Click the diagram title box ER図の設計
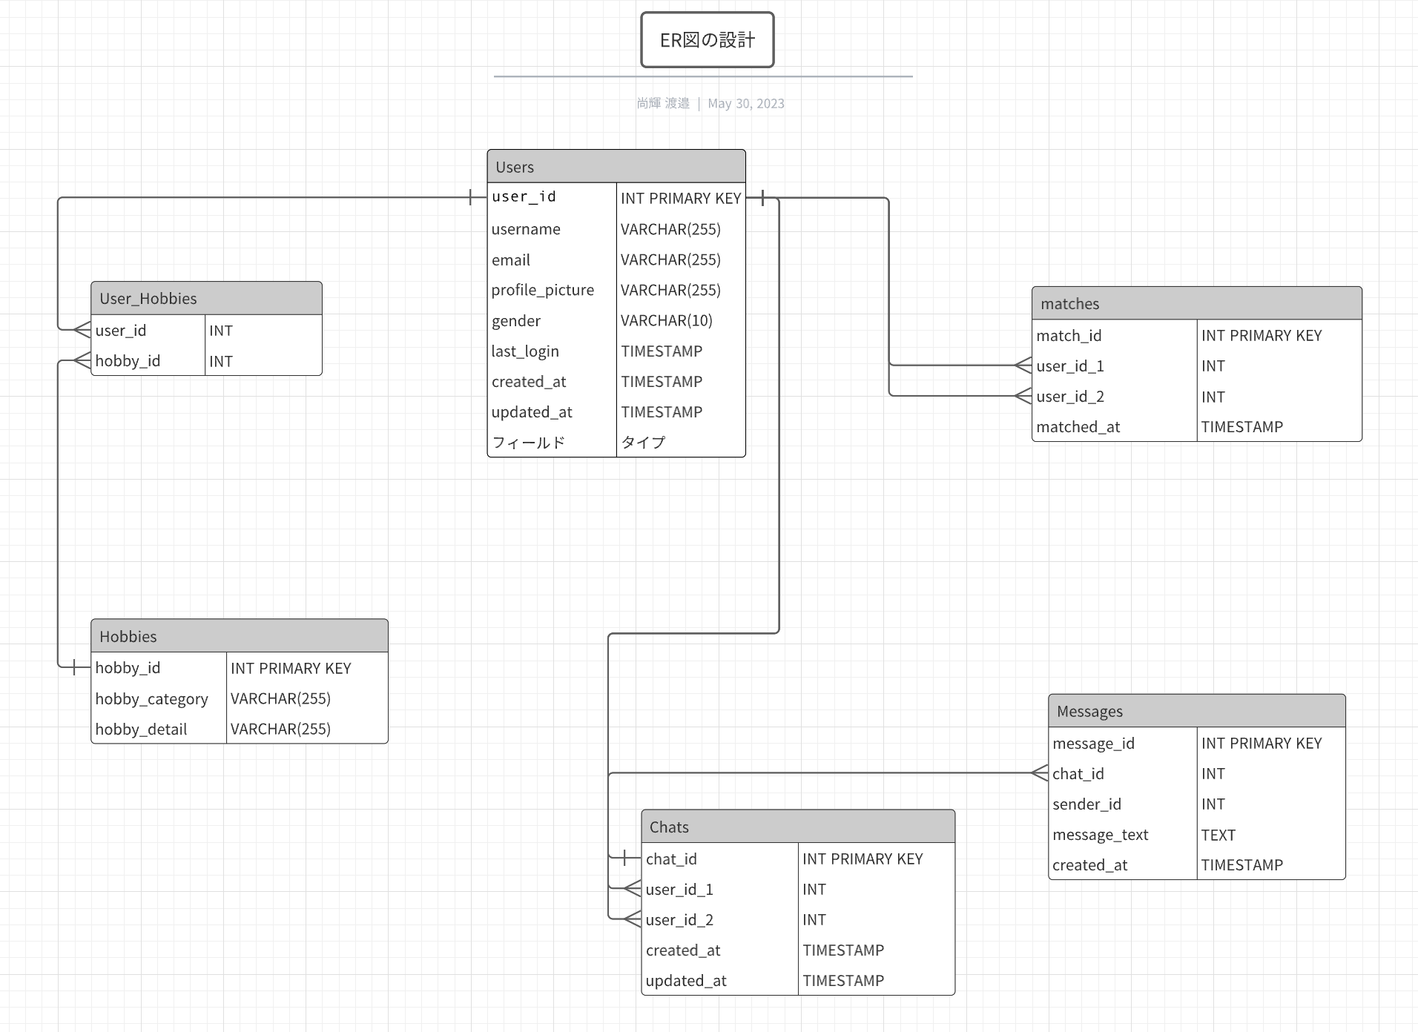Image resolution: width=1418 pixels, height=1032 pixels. coord(707,40)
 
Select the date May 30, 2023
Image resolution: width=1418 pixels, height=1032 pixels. coord(745,104)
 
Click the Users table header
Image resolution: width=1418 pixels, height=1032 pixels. coord(616,167)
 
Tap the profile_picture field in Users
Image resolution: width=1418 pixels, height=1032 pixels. coord(542,290)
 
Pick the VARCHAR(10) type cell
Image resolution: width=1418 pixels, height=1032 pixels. coord(666,320)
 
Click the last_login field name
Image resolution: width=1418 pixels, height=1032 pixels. coord(525,351)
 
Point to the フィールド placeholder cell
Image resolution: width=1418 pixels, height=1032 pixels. coord(528,443)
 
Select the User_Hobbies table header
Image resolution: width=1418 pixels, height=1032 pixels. coord(206,298)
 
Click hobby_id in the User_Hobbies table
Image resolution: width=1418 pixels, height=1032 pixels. coord(128,361)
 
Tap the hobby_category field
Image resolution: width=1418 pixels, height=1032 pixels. coord(151,699)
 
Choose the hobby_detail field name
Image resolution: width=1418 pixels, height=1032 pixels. coord(141,730)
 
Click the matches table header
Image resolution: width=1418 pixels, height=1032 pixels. coord(1196,303)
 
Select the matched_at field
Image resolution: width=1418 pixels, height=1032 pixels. coord(1078,427)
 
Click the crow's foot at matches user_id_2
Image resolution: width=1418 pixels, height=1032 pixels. coord(1023,396)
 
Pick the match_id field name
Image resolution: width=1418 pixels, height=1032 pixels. coord(1069,336)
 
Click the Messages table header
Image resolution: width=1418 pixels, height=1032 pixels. coord(1196,711)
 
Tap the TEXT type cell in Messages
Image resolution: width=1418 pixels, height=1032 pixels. coord(1218,835)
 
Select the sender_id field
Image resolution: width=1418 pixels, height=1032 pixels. coord(1086,804)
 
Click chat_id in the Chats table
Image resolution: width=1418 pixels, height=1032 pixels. coord(671,859)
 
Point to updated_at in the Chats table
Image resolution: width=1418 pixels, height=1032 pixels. coord(686,981)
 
